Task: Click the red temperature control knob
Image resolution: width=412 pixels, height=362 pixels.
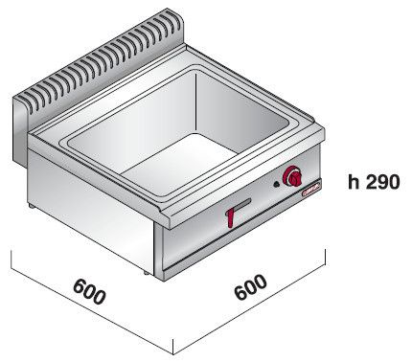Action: coord(292,176)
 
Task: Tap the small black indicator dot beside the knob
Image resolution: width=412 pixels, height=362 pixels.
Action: coord(276,184)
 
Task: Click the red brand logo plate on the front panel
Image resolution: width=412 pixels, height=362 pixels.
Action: coord(311,189)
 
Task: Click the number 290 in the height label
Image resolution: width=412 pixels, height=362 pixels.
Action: coord(382,182)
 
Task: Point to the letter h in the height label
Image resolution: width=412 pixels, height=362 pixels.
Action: coord(354,182)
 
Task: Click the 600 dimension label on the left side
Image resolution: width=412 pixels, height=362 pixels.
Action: coord(89,291)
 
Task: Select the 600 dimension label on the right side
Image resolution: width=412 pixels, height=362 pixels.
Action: coord(250,287)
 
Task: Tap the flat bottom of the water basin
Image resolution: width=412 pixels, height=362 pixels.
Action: coord(180,164)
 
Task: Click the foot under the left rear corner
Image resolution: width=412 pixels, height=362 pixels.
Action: coord(32,206)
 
